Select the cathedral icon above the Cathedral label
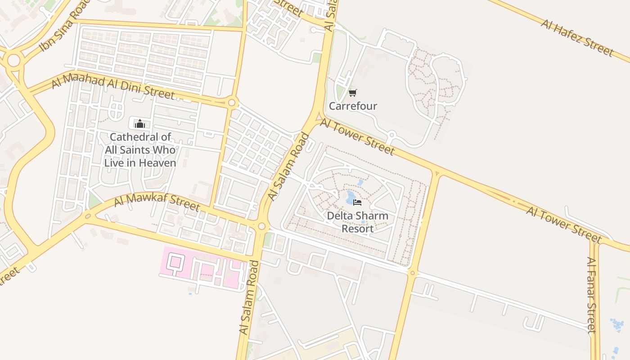(x=140, y=123)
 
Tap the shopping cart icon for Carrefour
(x=353, y=93)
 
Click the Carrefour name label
(x=353, y=106)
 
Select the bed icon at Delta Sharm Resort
(x=357, y=202)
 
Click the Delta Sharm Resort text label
(x=357, y=222)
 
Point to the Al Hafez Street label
(x=577, y=38)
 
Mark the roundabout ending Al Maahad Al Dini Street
(x=232, y=103)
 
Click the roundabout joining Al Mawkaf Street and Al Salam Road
(x=261, y=226)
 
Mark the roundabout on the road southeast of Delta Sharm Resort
(x=412, y=273)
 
